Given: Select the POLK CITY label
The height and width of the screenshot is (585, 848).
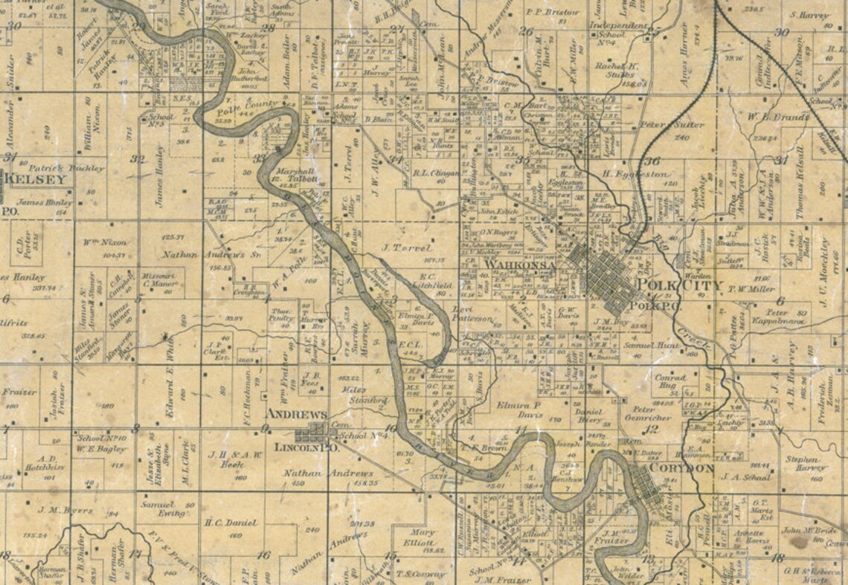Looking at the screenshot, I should (x=670, y=285).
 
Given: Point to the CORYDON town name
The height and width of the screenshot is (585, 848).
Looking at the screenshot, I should (x=681, y=469).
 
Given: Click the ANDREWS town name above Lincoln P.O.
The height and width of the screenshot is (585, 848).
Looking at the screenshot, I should (x=296, y=413).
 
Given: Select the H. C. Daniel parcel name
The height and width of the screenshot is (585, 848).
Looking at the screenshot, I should (x=231, y=523).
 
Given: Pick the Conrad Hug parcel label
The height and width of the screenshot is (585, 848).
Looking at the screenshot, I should (x=670, y=381).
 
